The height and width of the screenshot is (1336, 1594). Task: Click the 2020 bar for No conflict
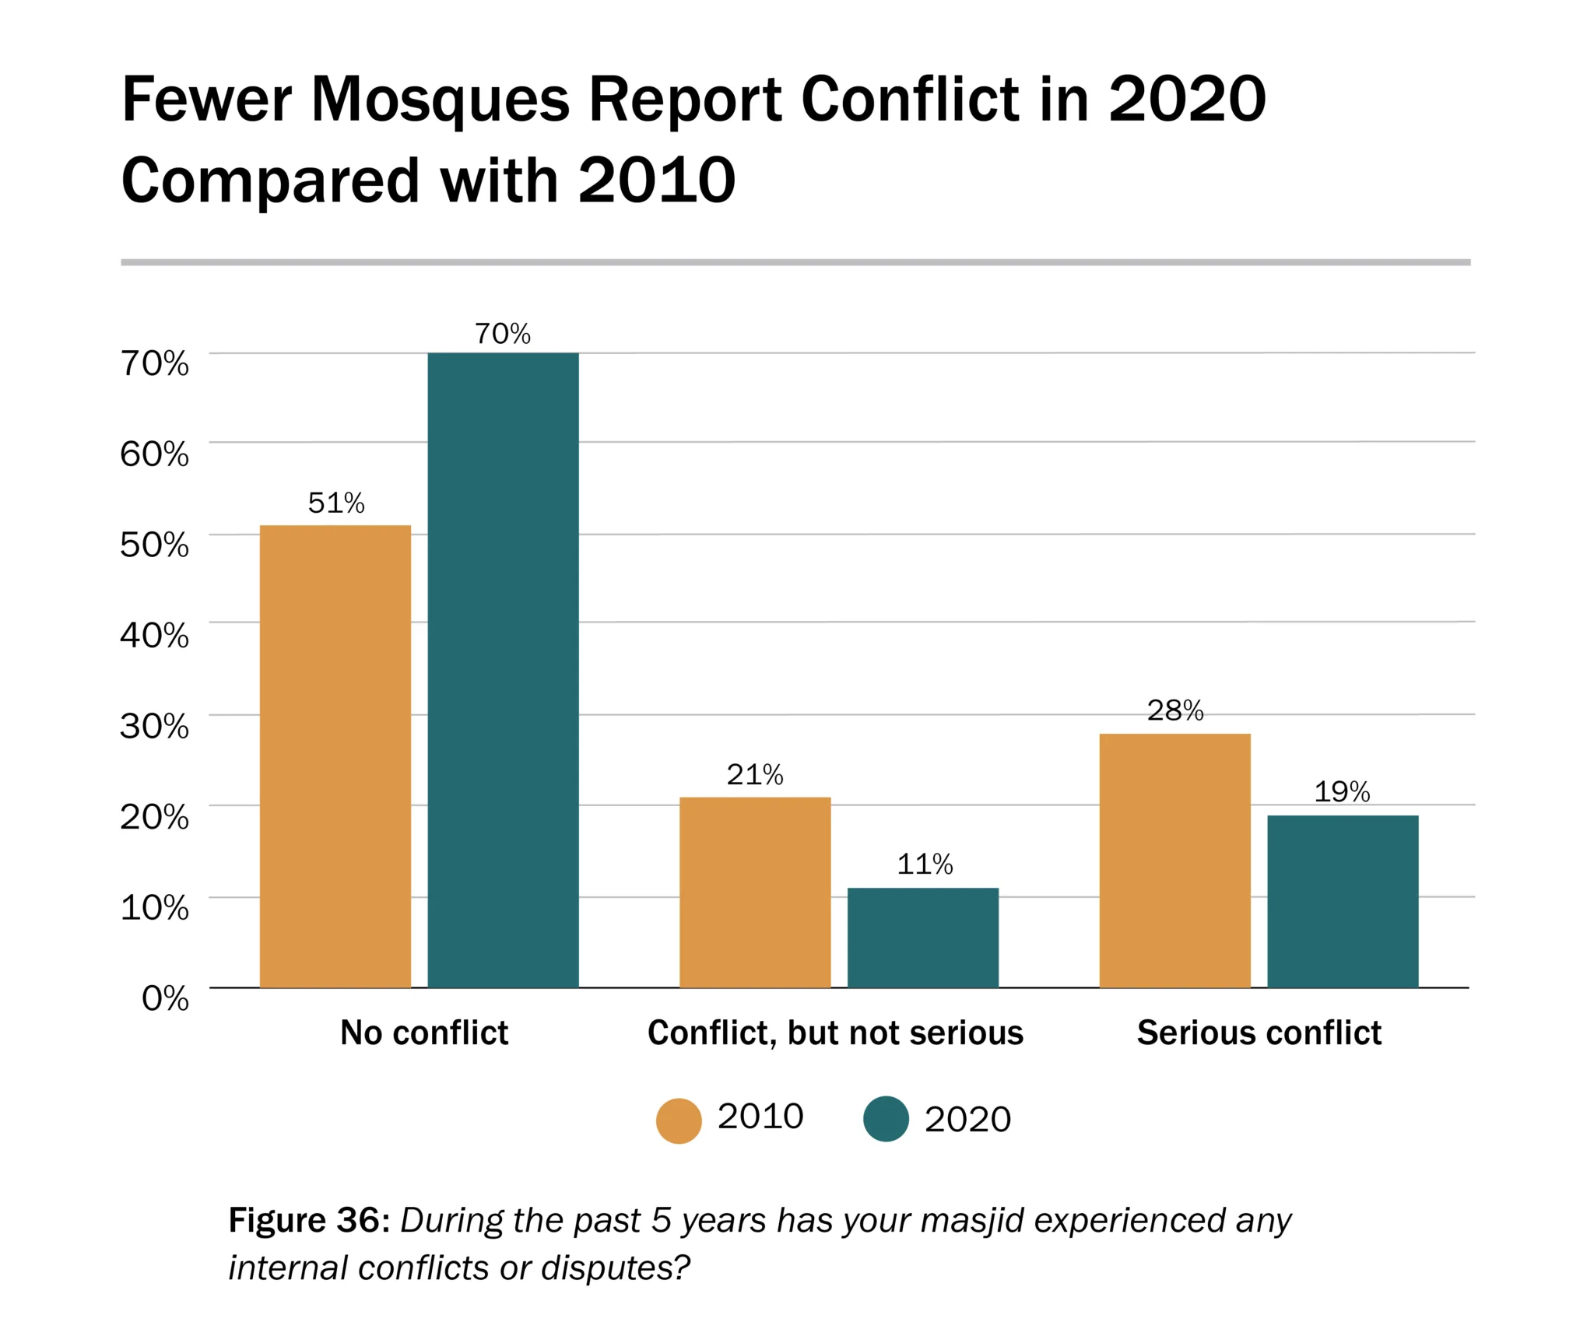click(x=503, y=669)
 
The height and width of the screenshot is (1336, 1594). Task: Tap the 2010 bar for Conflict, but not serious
click(x=755, y=892)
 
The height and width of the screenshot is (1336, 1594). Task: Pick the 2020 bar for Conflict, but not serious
click(x=922, y=938)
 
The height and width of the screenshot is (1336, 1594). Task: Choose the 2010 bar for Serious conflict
click(x=1174, y=860)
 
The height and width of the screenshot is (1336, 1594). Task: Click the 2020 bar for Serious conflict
click(x=1343, y=901)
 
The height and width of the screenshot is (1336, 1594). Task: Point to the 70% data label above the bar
click(x=503, y=334)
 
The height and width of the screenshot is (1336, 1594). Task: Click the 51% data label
click(x=336, y=503)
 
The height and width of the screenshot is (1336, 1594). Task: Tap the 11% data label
click(x=925, y=864)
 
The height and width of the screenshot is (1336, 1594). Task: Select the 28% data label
click(x=1175, y=710)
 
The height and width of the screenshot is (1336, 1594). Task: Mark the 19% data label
click(x=1342, y=791)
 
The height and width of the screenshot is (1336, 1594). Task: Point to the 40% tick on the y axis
click(x=154, y=635)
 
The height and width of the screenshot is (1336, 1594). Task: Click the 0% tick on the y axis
click(x=165, y=998)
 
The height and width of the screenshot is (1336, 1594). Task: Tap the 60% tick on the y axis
click(x=154, y=454)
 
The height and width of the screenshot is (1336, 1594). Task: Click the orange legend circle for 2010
click(x=679, y=1120)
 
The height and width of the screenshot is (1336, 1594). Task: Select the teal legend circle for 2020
click(x=886, y=1119)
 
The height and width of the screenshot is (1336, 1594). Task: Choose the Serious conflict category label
click(x=1259, y=1033)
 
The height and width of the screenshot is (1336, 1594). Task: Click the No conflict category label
click(x=424, y=1033)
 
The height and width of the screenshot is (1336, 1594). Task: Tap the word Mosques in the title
click(x=440, y=100)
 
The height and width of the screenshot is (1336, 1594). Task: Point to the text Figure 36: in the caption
click(x=308, y=1219)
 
